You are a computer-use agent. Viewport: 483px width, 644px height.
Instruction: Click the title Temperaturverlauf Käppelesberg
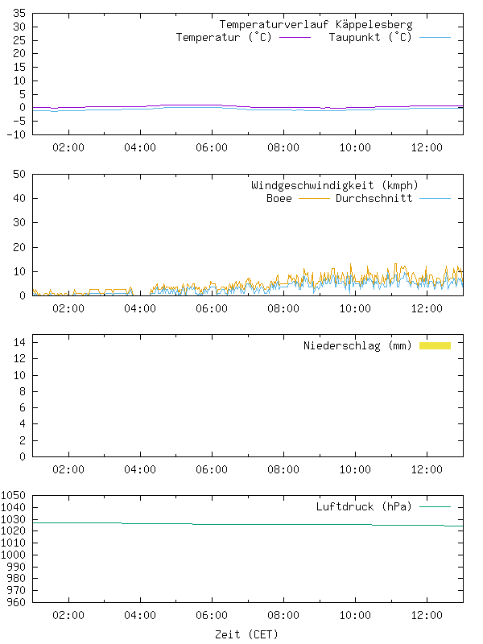pyautogui.click(x=316, y=25)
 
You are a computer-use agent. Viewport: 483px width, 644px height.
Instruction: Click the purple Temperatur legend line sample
pyautogui.click(x=295, y=38)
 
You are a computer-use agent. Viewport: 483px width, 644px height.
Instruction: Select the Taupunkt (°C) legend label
pyautogui.click(x=370, y=38)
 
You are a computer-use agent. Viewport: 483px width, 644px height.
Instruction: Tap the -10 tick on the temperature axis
pyautogui.click(x=17, y=134)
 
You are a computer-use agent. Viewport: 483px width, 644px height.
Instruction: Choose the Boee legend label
pyautogui.click(x=279, y=198)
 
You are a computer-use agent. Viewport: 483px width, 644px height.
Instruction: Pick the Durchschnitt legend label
pyautogui.click(x=374, y=198)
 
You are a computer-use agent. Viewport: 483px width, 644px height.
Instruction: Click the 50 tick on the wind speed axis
pyautogui.click(x=20, y=174)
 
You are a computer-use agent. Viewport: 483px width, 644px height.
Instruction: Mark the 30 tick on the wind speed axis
pyautogui.click(x=20, y=223)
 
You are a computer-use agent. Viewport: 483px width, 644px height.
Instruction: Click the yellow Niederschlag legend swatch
pyautogui.click(x=435, y=345)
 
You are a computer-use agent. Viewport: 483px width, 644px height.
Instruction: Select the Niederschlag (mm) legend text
pyautogui.click(x=357, y=346)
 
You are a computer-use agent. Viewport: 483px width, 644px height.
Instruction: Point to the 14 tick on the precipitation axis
pyautogui.click(x=20, y=343)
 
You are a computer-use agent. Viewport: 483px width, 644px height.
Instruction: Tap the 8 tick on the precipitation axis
pyautogui.click(x=23, y=392)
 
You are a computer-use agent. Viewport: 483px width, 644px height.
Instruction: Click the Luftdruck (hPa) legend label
pyautogui.click(x=363, y=507)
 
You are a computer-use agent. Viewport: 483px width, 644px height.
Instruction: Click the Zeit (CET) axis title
pyautogui.click(x=246, y=634)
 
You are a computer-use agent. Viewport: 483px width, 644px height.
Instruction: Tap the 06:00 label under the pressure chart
pyautogui.click(x=212, y=617)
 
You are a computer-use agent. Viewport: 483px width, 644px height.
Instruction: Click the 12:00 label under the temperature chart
pyautogui.click(x=427, y=148)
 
